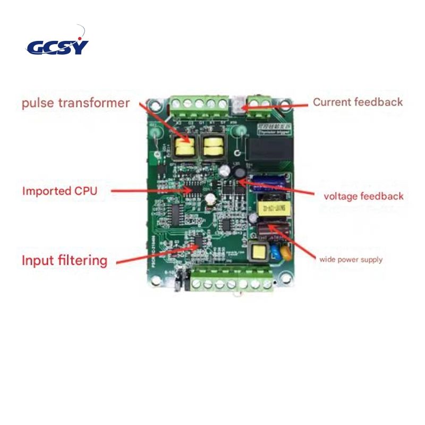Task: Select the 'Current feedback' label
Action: click(x=358, y=102)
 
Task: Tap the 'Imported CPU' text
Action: click(x=59, y=191)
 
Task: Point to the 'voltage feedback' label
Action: click(x=363, y=196)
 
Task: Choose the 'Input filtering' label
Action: click(x=64, y=260)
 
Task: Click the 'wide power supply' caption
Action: click(x=350, y=260)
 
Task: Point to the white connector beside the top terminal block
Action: click(x=238, y=105)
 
